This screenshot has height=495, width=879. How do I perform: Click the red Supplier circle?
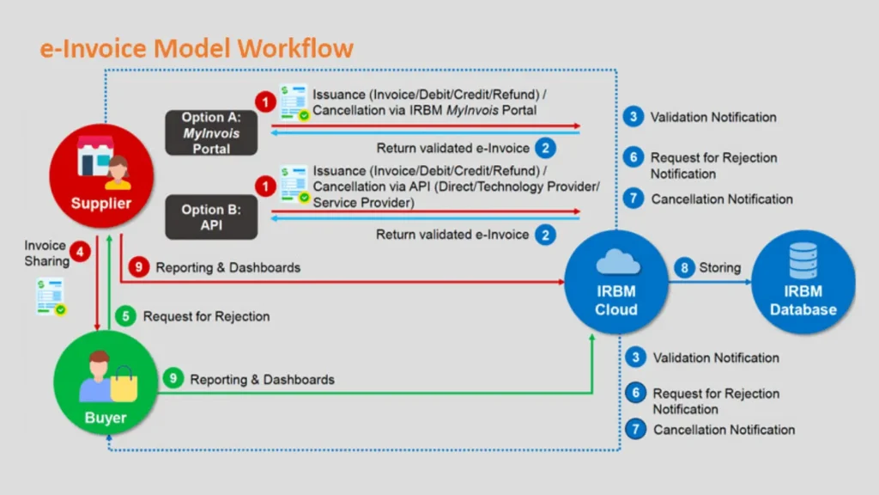pos(101,175)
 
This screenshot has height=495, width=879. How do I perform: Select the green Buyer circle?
pos(106,382)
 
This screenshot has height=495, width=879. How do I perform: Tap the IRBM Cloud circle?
pos(616,282)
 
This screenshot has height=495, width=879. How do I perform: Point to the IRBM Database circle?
pos(803,282)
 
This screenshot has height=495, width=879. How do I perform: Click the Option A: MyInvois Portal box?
pos(211,132)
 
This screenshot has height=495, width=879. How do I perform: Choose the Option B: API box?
pos(211,217)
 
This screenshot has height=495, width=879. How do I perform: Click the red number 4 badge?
pos(80,253)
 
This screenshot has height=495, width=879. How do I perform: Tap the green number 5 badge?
pos(125,316)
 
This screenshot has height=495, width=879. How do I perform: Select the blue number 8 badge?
pos(684,268)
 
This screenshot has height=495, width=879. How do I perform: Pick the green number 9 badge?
pos(173,379)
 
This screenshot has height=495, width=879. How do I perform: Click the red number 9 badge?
pos(138,267)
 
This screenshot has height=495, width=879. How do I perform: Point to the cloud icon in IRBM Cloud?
pos(617,261)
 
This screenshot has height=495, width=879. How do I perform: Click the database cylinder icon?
pos(803,260)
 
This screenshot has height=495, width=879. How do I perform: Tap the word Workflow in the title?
pos(295,48)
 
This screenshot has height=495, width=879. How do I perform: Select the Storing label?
pos(720,268)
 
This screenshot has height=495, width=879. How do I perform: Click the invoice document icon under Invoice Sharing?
pos(51,296)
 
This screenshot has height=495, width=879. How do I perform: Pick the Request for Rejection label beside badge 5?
pos(206,316)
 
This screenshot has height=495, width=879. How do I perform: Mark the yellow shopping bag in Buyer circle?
pos(124,384)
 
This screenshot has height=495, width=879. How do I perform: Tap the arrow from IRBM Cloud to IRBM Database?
pos(710,282)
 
